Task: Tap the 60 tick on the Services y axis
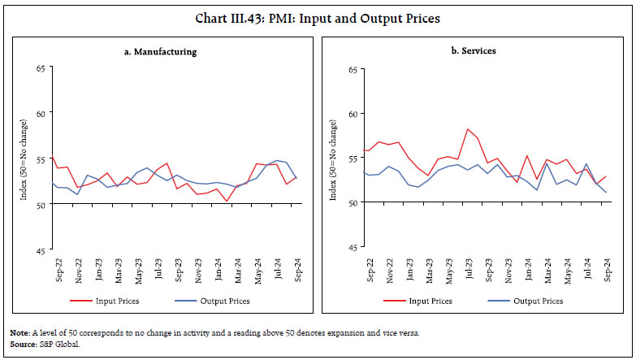(x=352, y=114)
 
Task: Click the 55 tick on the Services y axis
(x=352, y=158)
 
